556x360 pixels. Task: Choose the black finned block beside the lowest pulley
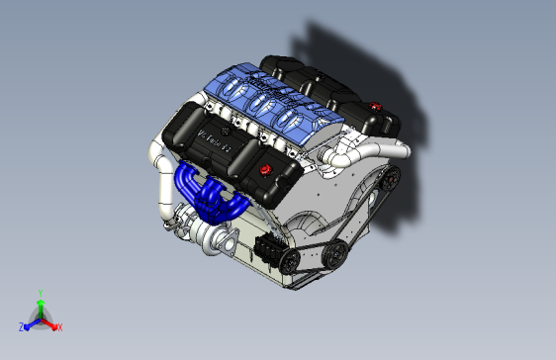click(266, 247)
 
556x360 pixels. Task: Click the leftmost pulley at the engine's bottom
click(289, 261)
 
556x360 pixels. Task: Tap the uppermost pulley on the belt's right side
click(391, 179)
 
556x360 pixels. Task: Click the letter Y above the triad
click(40, 292)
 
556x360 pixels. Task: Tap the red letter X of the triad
click(59, 326)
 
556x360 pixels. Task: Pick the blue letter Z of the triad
click(21, 326)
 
